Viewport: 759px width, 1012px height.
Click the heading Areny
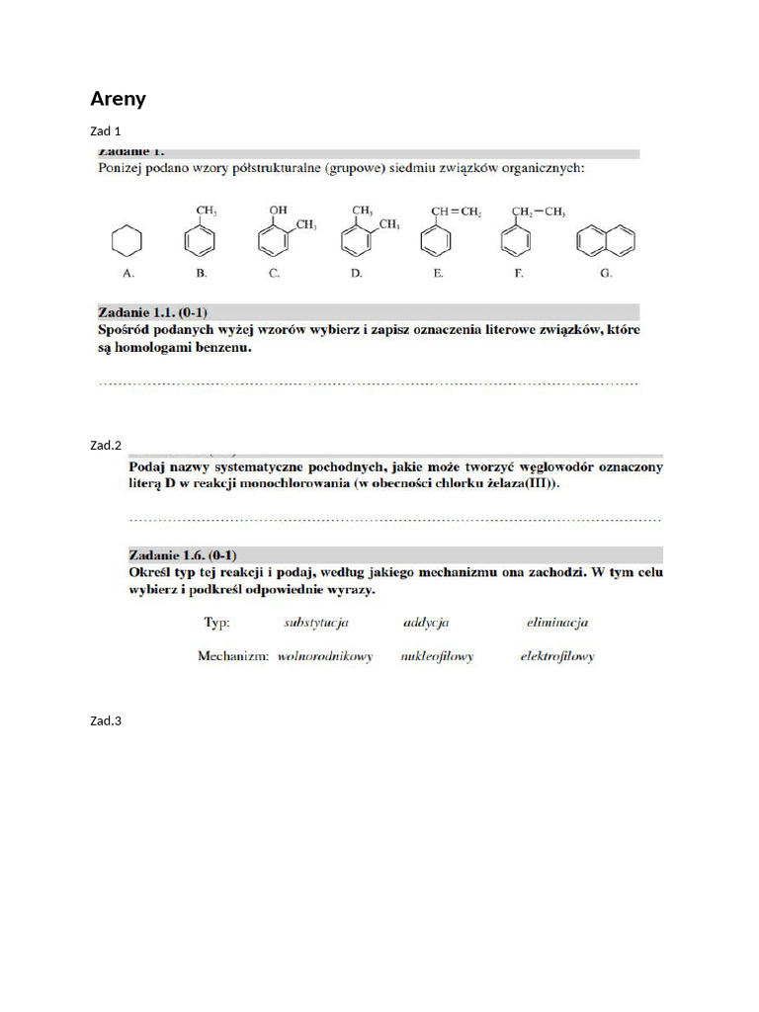coord(118,98)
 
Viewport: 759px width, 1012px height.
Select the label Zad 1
coord(105,131)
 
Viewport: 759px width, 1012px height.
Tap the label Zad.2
coord(105,446)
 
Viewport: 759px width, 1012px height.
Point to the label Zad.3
coord(105,721)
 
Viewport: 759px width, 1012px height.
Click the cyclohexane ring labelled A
coord(126,240)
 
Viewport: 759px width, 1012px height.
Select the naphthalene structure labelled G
coord(606,240)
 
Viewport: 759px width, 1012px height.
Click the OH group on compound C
coord(278,211)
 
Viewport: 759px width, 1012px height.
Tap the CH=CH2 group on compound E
coord(456,211)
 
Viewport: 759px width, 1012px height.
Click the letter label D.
coord(356,273)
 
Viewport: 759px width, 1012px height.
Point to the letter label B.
coord(201,273)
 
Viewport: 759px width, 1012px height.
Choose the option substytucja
coord(315,623)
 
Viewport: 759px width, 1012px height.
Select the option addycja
coord(426,623)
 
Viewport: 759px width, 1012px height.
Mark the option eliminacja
coord(557,623)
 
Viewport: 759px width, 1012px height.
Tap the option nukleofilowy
coord(437,656)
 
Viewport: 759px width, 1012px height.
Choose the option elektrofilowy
coord(557,656)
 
